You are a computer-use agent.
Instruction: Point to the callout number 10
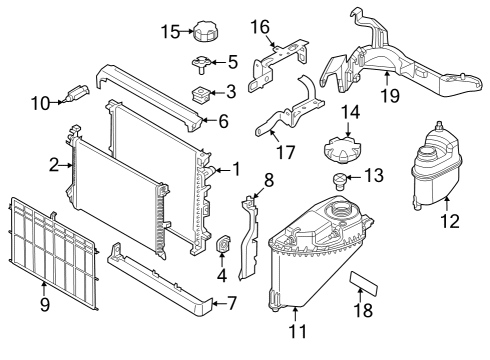(x=39, y=101)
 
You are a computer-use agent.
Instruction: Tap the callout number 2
(x=54, y=166)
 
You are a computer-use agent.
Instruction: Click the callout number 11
(x=294, y=329)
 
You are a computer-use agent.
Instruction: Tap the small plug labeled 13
(x=341, y=182)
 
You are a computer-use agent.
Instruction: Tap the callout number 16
(x=260, y=26)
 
